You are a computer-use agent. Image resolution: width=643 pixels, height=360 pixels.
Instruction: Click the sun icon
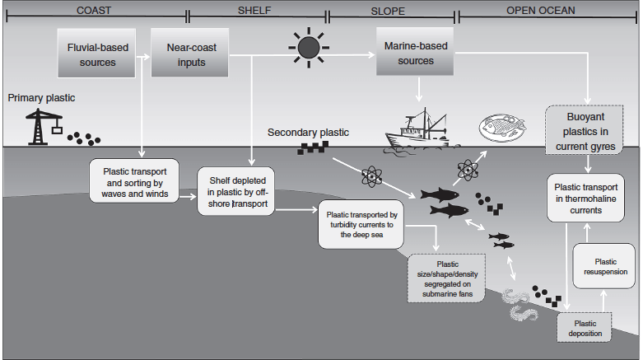click(309, 48)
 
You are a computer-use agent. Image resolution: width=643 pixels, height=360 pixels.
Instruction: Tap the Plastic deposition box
click(586, 327)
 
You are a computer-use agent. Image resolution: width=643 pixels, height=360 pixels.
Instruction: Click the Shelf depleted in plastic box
click(236, 191)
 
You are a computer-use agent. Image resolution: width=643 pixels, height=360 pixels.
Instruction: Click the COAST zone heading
click(95, 11)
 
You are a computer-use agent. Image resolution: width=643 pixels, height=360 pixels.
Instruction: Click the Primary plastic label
click(41, 98)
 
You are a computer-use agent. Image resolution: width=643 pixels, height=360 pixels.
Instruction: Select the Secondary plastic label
click(308, 132)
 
